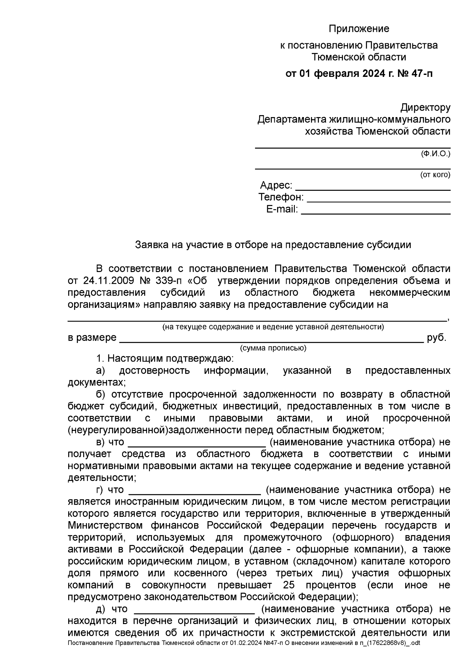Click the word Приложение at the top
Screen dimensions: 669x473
pos(359,29)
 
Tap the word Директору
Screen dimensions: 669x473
pos(425,107)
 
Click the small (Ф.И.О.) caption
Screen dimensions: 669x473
pos(435,154)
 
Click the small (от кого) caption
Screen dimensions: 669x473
pos(435,175)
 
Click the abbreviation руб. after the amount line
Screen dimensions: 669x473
pos(437,338)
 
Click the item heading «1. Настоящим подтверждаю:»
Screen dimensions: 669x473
pos(165,359)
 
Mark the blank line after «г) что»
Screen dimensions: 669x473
pos(194,493)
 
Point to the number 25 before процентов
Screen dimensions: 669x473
pos(289,585)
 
